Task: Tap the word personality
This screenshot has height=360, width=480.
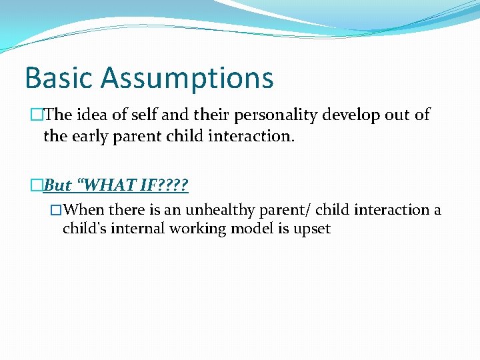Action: (x=284, y=115)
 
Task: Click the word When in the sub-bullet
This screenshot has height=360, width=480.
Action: (x=85, y=210)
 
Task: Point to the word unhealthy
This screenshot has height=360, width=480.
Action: (x=219, y=210)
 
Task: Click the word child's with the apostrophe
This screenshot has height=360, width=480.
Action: (x=85, y=229)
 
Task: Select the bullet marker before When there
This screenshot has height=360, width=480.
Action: (x=57, y=211)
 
